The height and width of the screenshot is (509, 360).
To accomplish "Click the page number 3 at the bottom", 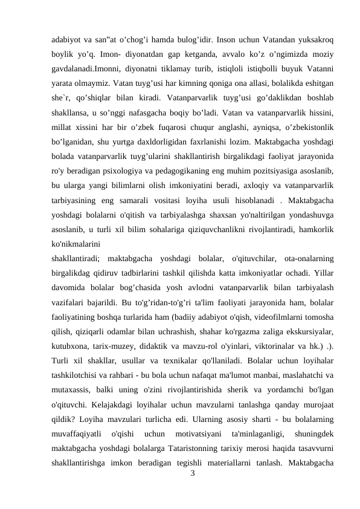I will [x=192, y=474].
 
